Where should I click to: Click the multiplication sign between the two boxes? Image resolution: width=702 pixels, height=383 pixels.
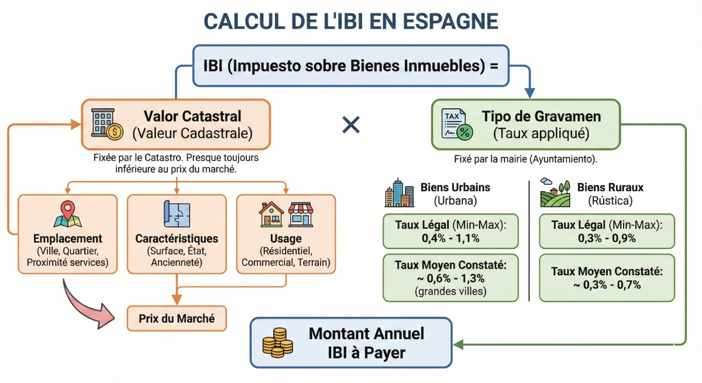click(351, 125)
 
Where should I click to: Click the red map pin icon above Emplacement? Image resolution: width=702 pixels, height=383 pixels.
click(68, 214)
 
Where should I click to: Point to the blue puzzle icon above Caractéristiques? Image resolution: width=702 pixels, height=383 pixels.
click(177, 214)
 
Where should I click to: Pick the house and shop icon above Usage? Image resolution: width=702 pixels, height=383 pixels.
click(286, 215)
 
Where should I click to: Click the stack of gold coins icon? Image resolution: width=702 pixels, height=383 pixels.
click(277, 343)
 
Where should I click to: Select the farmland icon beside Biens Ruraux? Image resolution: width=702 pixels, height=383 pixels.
click(555, 193)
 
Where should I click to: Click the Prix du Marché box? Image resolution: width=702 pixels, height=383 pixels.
click(177, 319)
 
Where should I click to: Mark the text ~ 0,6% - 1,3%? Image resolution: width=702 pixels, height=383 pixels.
click(450, 277)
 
